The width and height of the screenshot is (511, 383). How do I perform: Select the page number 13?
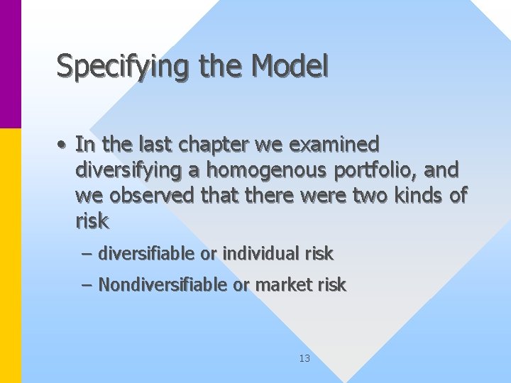coord(304,359)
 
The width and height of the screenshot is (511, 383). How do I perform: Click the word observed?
coord(147,196)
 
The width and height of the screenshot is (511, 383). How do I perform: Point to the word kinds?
coord(412,196)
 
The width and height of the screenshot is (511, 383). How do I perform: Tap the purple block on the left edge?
coord(11,64)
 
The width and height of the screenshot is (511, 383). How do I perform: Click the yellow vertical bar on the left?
coord(11,255)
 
